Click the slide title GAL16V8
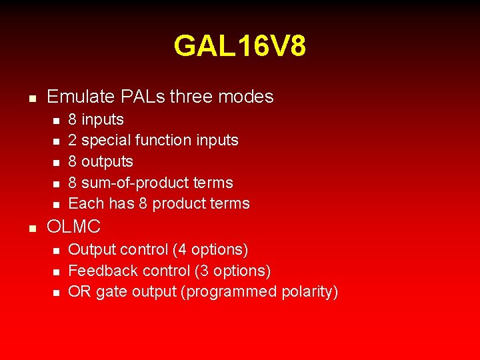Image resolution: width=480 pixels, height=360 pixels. [240, 47]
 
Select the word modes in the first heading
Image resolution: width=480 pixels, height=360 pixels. [245, 97]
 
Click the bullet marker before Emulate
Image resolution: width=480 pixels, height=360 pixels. [31, 98]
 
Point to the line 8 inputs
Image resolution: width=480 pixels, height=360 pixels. [96, 120]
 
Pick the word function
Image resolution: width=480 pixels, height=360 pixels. [163, 141]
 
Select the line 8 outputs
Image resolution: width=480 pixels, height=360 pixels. [101, 162]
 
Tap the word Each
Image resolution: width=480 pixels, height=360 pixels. [85, 204]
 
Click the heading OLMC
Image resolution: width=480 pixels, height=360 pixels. [73, 227]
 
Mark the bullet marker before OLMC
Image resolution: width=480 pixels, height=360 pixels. [31, 228]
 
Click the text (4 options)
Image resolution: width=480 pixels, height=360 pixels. [210, 250]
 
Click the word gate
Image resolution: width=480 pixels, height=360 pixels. [111, 292]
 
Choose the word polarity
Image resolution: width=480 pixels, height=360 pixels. [309, 292]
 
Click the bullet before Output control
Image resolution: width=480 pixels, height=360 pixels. [57, 251]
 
